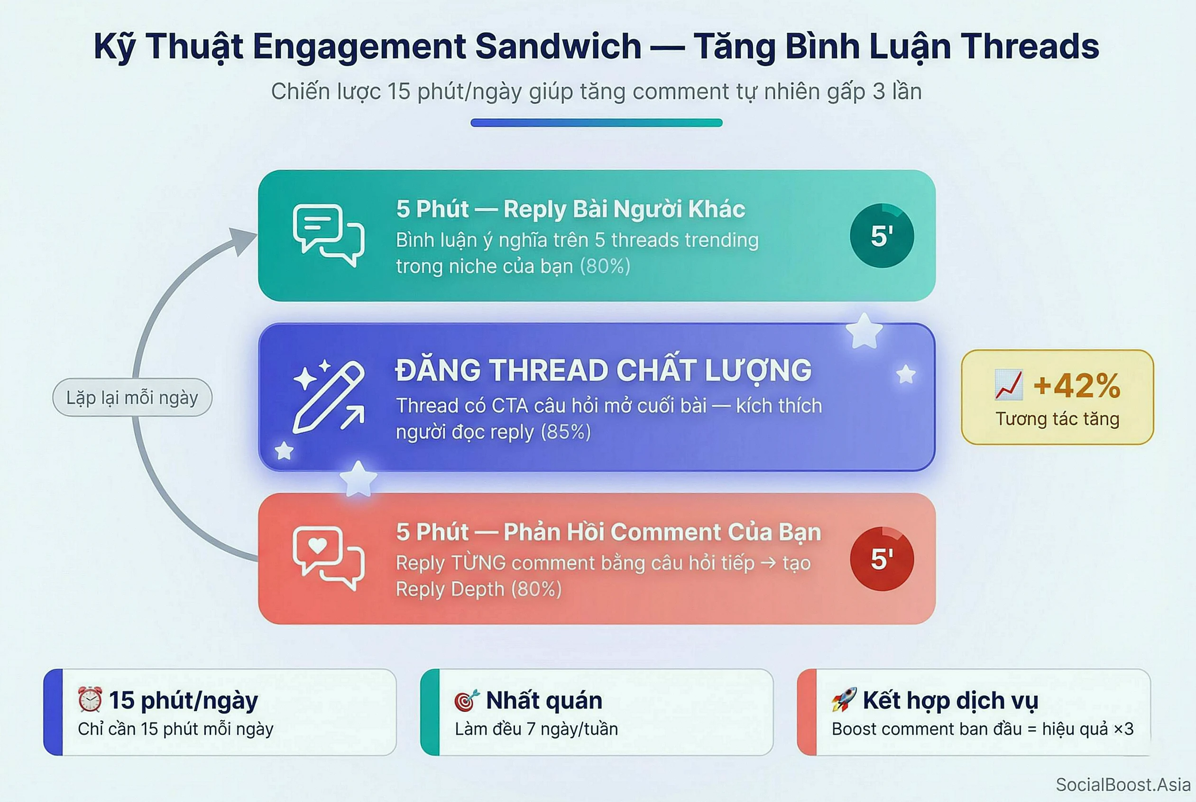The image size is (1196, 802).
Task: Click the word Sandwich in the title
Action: (558, 46)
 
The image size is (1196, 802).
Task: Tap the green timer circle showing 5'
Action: (882, 236)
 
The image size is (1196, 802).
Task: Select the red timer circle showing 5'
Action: (882, 559)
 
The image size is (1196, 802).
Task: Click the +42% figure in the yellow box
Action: (1077, 385)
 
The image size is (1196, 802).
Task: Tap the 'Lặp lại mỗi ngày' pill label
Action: (132, 397)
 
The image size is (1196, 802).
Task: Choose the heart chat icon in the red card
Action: (328, 558)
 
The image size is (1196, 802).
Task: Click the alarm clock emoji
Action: (90, 699)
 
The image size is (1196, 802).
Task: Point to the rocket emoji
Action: (844, 699)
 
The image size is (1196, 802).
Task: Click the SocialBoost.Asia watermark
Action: (1123, 784)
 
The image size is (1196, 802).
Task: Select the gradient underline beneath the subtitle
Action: (596, 123)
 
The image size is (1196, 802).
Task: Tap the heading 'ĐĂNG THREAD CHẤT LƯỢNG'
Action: (603, 370)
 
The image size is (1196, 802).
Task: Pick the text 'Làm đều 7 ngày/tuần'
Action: (536, 729)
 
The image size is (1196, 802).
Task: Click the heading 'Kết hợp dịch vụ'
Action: (950, 700)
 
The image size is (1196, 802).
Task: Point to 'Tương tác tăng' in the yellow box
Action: (1057, 419)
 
